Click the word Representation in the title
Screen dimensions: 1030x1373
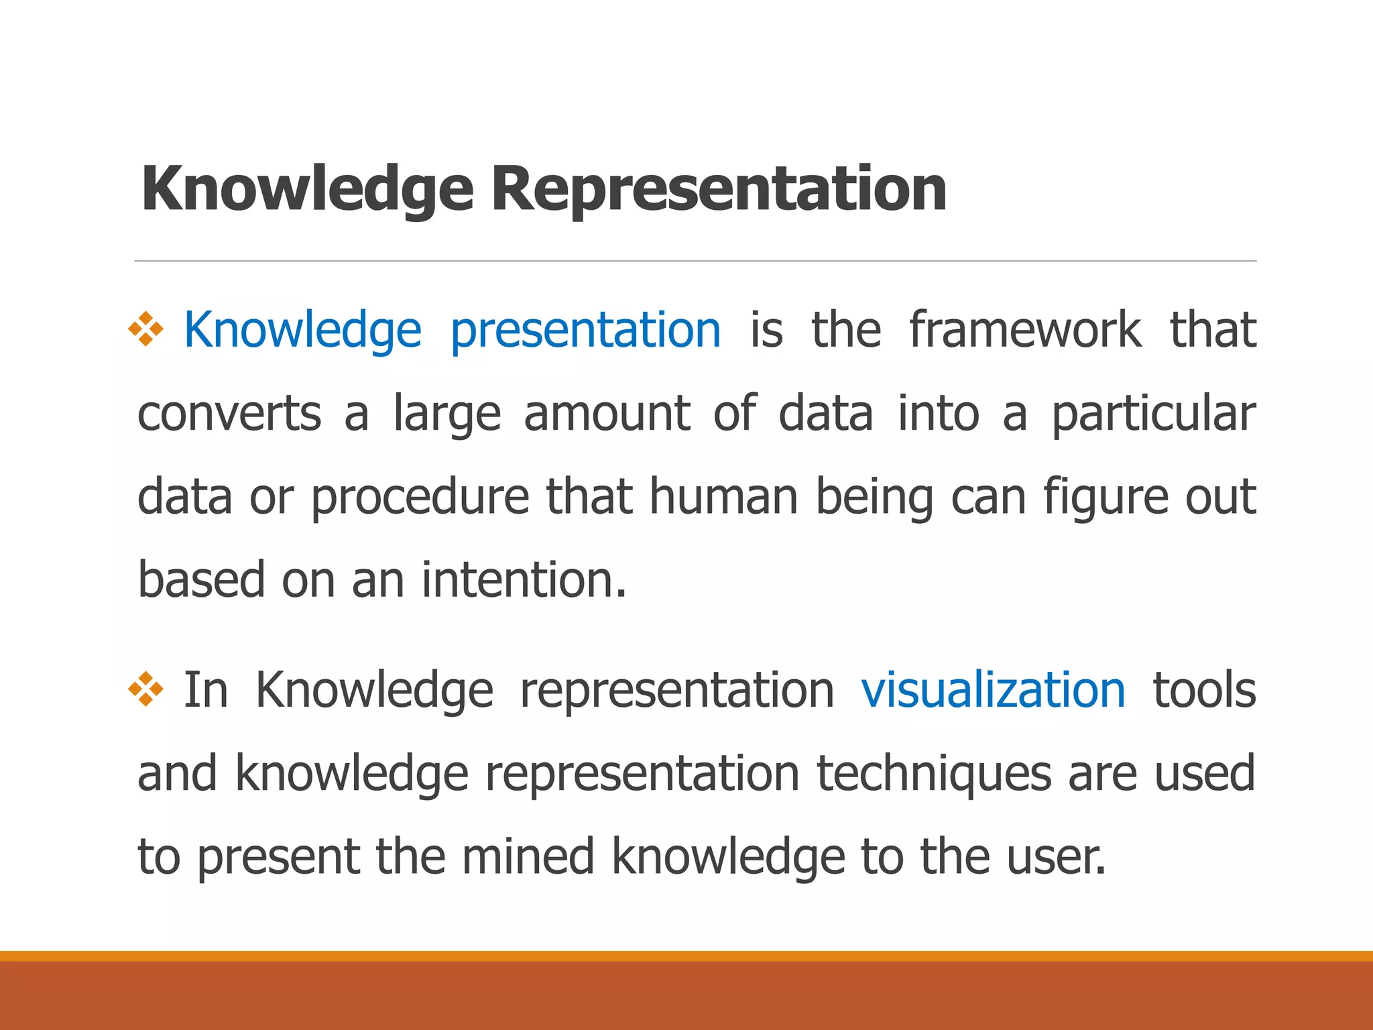pos(718,190)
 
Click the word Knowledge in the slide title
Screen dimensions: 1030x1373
pos(307,190)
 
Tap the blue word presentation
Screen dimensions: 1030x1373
pos(585,331)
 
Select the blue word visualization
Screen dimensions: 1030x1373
pos(993,690)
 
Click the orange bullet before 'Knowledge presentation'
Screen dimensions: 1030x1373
pos(146,329)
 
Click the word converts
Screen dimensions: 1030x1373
pos(229,414)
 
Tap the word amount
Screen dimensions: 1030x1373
pos(607,414)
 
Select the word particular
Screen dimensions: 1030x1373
pos(1153,414)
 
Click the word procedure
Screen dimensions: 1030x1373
pos(420,497)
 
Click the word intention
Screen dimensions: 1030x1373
pos(524,580)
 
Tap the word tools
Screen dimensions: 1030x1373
pos(1204,690)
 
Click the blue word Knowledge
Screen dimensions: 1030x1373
pos(302,331)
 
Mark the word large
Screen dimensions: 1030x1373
pos(446,415)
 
